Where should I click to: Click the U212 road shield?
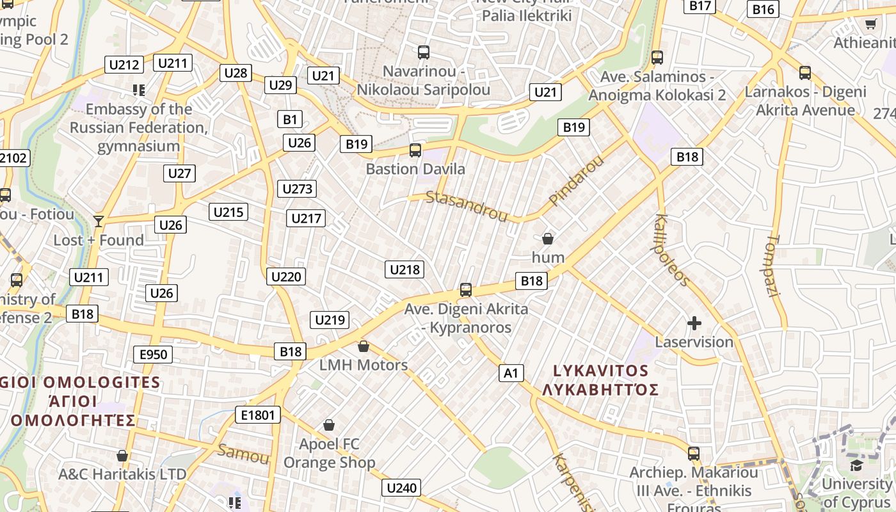pos(124,65)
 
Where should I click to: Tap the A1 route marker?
pos(511,373)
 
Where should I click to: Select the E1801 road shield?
pos(258,415)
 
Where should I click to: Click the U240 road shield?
pos(402,488)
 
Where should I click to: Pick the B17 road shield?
pos(701,6)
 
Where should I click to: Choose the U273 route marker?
pos(298,188)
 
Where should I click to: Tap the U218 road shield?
pos(404,269)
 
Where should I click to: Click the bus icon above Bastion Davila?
pos(415,150)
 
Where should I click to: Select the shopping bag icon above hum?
pos(548,239)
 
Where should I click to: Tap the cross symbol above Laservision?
pos(694,323)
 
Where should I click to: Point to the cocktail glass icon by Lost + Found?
pos(98,221)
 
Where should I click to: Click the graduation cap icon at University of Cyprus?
pos(856,465)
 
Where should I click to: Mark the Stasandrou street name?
pos(467,205)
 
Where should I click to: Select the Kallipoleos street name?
pos(671,250)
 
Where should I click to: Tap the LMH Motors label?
pos(364,365)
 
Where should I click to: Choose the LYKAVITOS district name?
pos(600,371)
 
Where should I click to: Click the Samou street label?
pos(243,454)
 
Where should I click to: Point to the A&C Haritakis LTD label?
pos(122,474)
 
